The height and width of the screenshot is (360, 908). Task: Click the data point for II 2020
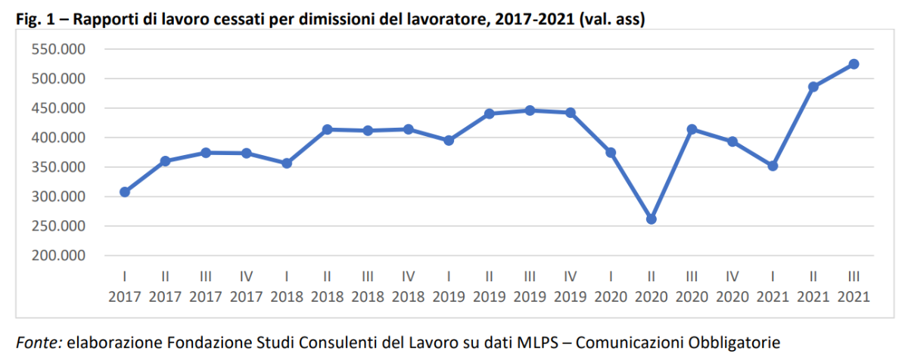[651, 219]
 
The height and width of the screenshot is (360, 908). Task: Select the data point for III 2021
[854, 64]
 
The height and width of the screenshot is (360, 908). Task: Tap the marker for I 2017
[125, 192]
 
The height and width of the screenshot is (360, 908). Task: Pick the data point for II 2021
[813, 87]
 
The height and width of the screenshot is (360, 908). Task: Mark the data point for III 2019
[530, 110]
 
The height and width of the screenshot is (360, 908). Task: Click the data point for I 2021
[773, 166]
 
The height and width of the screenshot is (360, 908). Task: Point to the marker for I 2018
[287, 163]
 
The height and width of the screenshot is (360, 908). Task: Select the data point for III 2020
[692, 129]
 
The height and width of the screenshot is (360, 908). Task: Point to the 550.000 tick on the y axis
[58, 50]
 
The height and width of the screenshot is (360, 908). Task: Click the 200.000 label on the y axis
[58, 256]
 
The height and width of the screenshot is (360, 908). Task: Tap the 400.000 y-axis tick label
[58, 138]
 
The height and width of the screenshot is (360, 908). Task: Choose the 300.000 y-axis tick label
[58, 197]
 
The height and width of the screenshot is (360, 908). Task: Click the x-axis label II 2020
[651, 288]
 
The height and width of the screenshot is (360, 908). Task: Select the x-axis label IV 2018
[409, 288]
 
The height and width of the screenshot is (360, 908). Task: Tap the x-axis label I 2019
[449, 288]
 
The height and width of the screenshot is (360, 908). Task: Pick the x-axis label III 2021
[854, 288]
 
